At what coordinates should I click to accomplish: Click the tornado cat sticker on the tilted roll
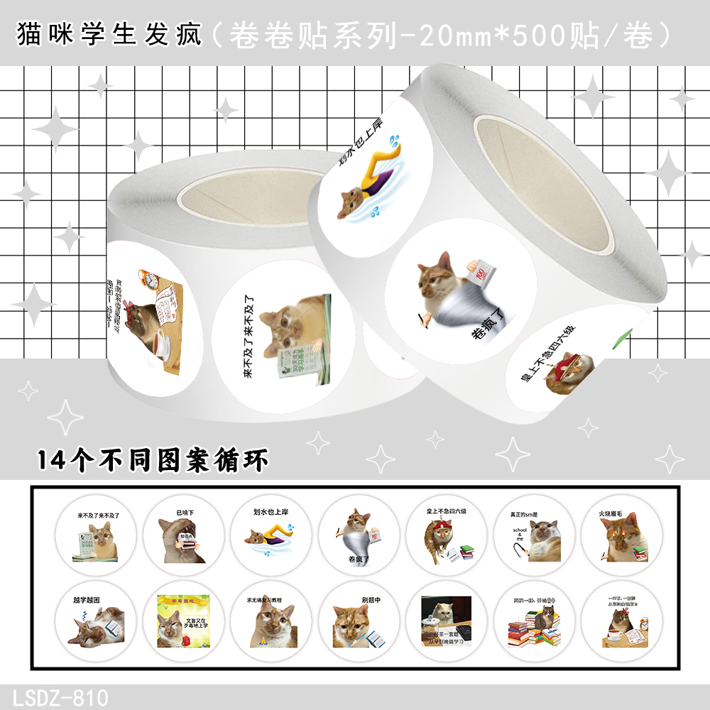pyautogui.click(x=458, y=284)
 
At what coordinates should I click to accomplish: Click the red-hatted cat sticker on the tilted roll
pyautogui.click(x=561, y=369)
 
